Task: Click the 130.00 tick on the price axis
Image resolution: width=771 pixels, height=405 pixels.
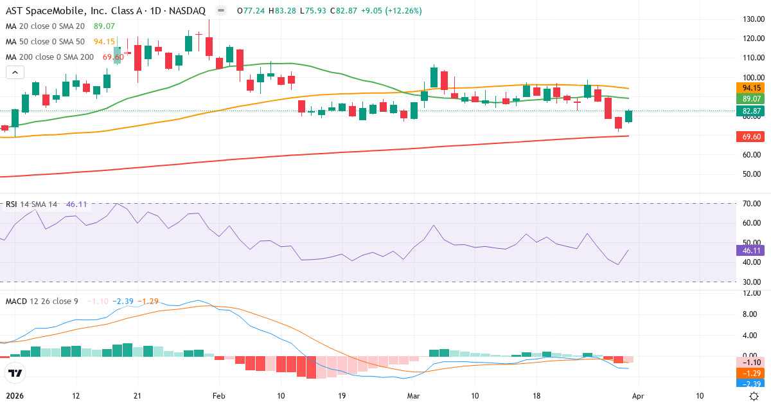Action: tap(752, 19)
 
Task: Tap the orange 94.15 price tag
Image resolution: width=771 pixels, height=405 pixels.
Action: tap(752, 88)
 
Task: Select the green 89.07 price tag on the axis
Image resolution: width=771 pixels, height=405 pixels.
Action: tap(752, 99)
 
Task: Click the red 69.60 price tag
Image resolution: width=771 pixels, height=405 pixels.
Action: tap(752, 137)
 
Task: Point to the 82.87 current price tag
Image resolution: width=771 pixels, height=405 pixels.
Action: tap(752, 111)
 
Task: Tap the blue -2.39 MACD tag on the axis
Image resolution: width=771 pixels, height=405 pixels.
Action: tap(752, 384)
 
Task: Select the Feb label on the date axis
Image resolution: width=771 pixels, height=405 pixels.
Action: tap(219, 396)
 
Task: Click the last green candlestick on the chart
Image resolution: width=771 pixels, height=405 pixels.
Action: tap(628, 116)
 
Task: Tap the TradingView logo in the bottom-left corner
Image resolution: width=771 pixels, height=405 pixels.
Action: tap(15, 373)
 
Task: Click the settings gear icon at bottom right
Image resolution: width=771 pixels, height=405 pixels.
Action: tap(755, 396)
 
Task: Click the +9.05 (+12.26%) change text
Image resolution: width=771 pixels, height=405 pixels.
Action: tap(385, 11)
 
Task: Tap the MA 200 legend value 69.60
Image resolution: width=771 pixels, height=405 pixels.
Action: tap(113, 57)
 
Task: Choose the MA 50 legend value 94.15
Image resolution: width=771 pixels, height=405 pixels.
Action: tap(104, 42)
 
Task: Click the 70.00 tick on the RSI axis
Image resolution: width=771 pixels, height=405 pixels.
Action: tap(752, 204)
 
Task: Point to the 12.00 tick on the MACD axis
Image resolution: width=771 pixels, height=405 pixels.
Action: tap(752, 293)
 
